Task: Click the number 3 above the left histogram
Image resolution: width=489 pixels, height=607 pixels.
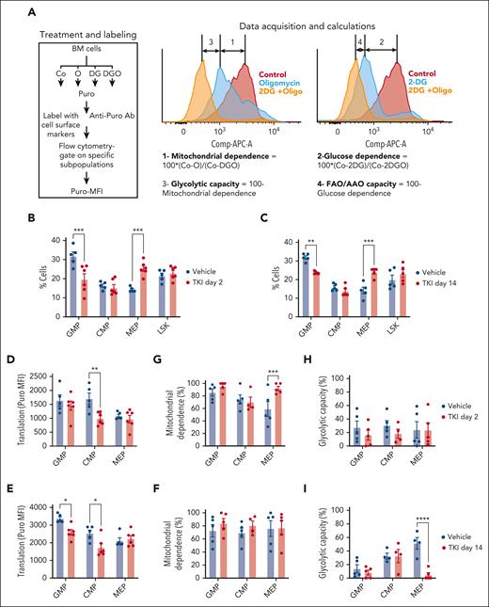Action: pyautogui.click(x=210, y=41)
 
